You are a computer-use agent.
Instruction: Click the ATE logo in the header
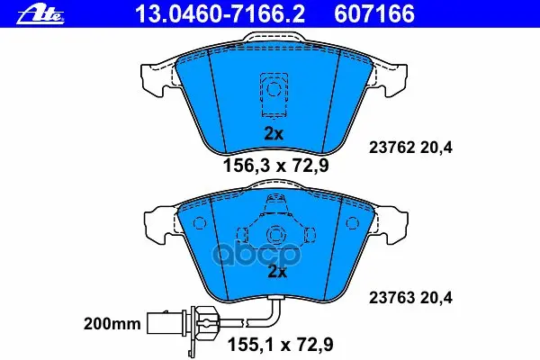coord(41,14)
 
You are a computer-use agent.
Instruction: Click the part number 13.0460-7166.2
coord(220,14)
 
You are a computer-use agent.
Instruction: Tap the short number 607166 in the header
coord(374,14)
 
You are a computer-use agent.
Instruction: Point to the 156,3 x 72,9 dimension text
coord(276,166)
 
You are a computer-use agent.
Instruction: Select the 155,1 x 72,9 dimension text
coord(281,345)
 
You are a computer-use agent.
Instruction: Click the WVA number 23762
coord(391,148)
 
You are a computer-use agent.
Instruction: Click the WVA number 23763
coord(391,298)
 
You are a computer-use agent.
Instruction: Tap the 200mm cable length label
coord(112,324)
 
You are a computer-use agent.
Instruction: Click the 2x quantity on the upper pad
coord(274,133)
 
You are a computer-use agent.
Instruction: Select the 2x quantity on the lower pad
coord(277,272)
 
